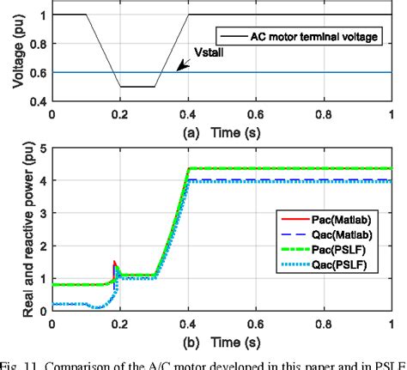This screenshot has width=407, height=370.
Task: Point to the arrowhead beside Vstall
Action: (180, 68)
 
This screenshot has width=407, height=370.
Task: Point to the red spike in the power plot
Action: (115, 264)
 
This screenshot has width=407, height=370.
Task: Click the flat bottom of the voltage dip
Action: (137, 87)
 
